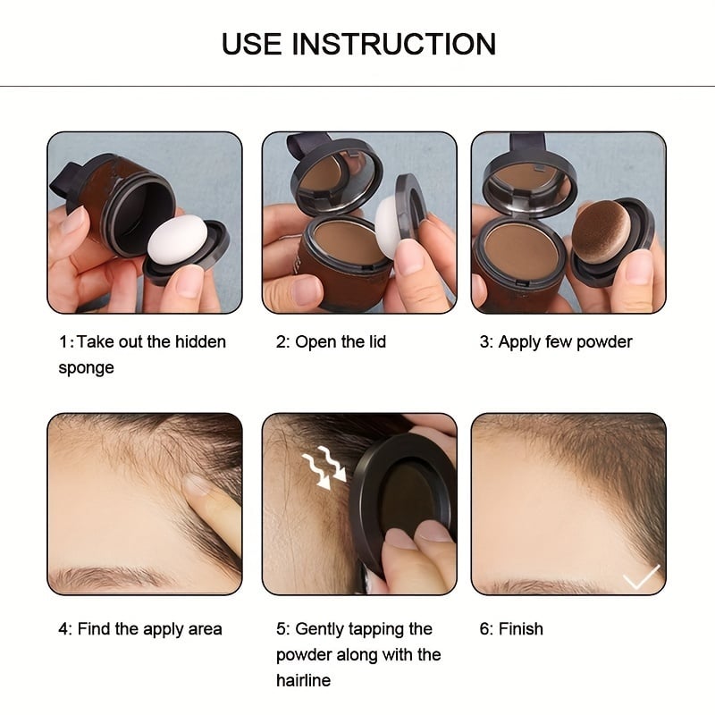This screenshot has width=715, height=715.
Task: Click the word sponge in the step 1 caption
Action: point(87,368)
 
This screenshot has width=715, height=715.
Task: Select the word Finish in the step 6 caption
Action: point(520,629)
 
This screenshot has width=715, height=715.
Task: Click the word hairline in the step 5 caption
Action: point(303,681)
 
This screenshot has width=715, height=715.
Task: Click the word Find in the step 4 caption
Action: point(95,629)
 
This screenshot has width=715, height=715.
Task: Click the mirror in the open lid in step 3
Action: point(531,177)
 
